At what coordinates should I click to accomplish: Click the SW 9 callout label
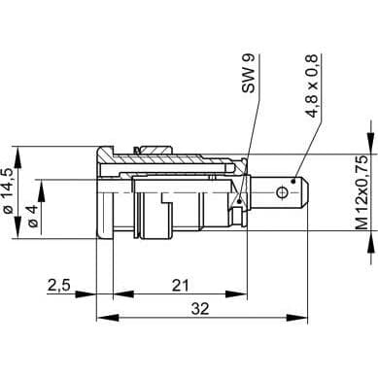point(249,74)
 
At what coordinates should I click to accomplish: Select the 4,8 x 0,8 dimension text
point(313,85)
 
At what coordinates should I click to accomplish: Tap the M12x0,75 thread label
point(362,192)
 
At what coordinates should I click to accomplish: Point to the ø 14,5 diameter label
point(8,190)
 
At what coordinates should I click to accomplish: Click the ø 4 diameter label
point(33,216)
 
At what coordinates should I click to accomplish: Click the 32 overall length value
point(200,309)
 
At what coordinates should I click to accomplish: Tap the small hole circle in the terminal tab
point(282,192)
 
